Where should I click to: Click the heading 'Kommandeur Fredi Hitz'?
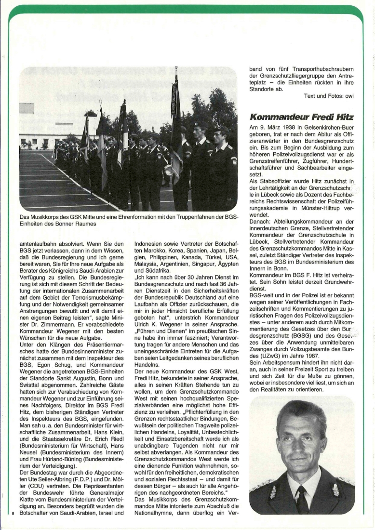pyautogui.click(x=301, y=118)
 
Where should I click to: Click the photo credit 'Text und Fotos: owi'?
pyautogui.click(x=329, y=96)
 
